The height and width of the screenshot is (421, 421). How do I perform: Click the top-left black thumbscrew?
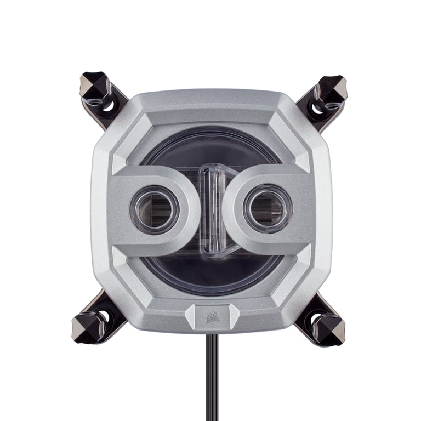click(95, 86)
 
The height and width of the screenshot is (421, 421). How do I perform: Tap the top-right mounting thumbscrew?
click(333, 88)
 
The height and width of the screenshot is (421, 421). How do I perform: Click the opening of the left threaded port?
click(154, 209)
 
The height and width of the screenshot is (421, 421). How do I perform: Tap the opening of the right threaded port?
click(268, 208)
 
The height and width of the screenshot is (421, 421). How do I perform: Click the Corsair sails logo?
click(211, 317)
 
